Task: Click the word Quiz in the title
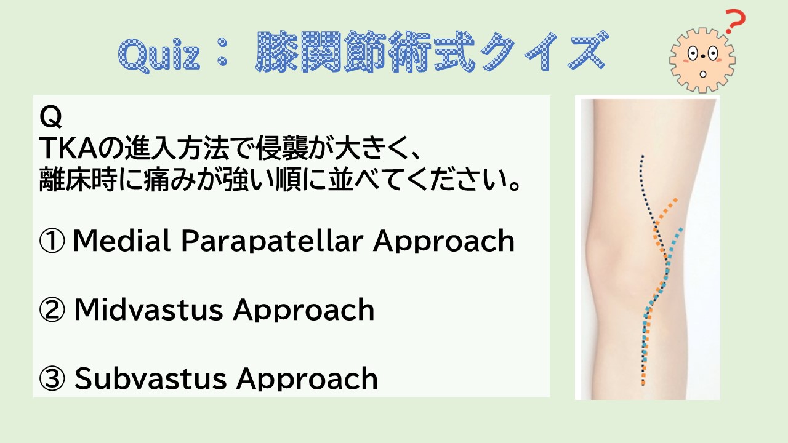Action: coord(159,55)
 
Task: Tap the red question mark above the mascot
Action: coord(735,22)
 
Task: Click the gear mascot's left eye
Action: coord(693,54)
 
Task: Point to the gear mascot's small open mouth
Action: coord(703,74)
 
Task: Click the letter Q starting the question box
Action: coord(50,117)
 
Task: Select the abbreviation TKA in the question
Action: coord(68,148)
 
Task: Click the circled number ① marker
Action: coord(52,241)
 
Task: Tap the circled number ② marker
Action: coord(52,309)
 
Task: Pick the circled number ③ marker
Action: coord(52,378)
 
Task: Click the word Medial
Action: coord(121,241)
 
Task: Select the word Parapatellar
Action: coord(272,241)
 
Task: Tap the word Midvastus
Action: coord(148,309)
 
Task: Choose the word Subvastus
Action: coord(150,378)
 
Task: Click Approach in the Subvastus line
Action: coord(307,380)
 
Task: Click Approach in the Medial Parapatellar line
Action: coord(444,242)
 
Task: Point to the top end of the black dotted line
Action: coord(642,156)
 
